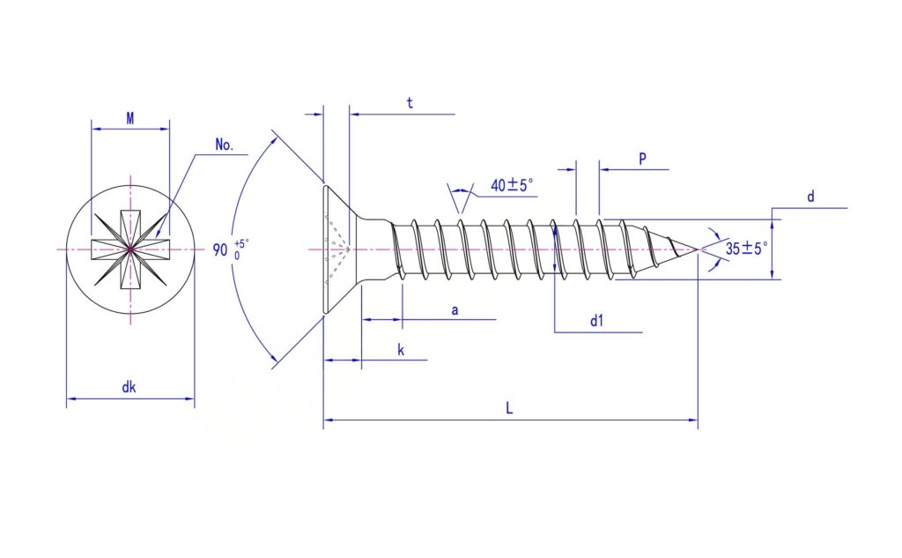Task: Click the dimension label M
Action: (130, 119)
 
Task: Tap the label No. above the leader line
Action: (225, 145)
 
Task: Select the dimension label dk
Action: (129, 387)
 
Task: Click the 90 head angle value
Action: (220, 250)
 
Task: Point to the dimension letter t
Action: (410, 103)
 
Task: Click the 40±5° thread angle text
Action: (512, 185)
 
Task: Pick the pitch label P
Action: (642, 159)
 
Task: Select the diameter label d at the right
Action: (810, 197)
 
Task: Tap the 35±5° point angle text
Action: (746, 249)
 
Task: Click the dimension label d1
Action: (597, 321)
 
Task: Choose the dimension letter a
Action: (455, 310)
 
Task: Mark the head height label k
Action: (401, 350)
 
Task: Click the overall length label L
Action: (509, 408)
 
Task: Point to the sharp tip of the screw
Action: (698, 250)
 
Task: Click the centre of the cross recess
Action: (130, 249)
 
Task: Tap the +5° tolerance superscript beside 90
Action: (241, 243)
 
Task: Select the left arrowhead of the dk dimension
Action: (71, 398)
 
